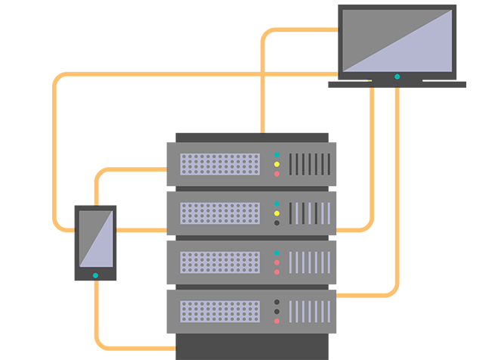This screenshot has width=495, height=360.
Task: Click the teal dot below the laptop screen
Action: [398, 76]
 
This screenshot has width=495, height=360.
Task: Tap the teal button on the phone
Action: [95, 275]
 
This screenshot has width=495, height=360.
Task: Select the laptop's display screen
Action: [398, 39]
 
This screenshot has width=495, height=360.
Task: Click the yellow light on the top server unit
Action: [277, 164]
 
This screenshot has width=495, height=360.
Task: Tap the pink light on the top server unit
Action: [277, 174]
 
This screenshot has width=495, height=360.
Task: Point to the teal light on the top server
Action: [277, 154]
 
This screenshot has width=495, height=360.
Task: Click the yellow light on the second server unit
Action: [277, 213]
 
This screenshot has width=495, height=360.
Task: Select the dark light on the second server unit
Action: [277, 223]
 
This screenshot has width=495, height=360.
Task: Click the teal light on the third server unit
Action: [277, 253]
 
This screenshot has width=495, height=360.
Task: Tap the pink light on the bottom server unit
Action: [277, 321]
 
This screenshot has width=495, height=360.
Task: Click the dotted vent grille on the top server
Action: [220, 164]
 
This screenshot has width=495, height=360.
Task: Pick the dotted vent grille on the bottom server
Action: [220, 312]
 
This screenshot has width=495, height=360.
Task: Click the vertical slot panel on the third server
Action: [310, 262]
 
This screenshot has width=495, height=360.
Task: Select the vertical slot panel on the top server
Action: [310, 164]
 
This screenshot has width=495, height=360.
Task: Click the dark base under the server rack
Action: [252, 348]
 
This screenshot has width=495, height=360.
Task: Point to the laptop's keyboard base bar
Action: [397, 85]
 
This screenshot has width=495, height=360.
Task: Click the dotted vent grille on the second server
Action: [220, 213]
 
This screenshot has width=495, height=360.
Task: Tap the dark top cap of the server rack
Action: [252, 137]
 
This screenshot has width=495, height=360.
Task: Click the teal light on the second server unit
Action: [277, 203]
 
